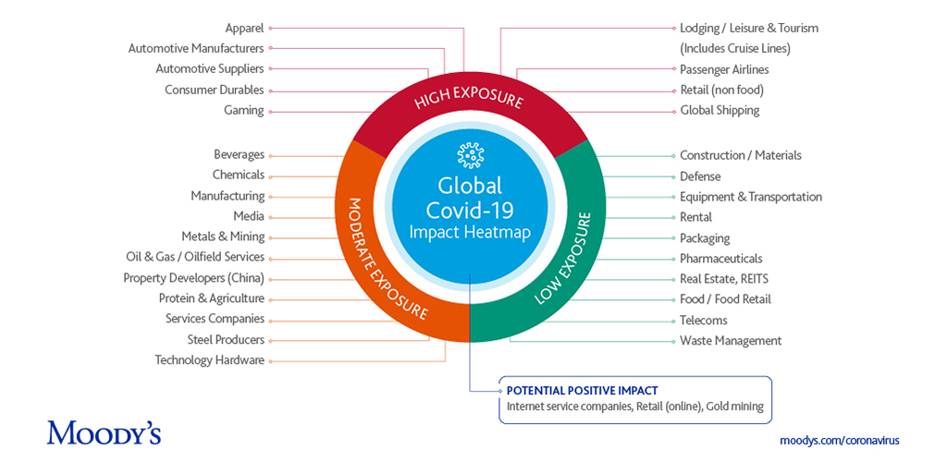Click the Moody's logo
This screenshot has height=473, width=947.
click(x=104, y=431)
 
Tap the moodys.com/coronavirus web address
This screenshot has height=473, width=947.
click(x=839, y=441)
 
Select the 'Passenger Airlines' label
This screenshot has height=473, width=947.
click(x=724, y=69)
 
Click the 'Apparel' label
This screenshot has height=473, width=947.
click(x=244, y=29)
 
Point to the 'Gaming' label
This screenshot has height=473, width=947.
click(x=243, y=110)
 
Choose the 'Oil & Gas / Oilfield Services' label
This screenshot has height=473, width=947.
click(x=195, y=257)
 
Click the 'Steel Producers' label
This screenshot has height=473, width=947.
click(x=226, y=340)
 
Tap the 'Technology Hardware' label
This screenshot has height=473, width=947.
click(x=209, y=360)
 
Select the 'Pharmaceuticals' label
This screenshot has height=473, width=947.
click(x=721, y=259)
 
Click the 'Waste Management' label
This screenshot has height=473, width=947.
click(x=731, y=341)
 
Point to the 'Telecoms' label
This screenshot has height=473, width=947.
click(x=704, y=321)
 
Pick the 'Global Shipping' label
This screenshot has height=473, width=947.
click(x=719, y=110)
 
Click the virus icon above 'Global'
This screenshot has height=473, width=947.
click(x=470, y=154)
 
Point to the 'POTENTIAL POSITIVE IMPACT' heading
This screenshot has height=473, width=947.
click(x=582, y=391)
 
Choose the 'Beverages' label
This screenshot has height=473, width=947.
click(x=239, y=154)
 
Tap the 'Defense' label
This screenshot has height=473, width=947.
click(x=700, y=176)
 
